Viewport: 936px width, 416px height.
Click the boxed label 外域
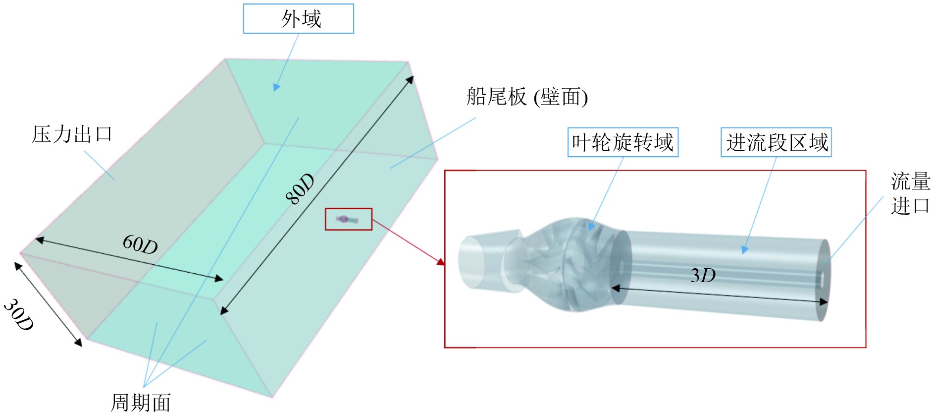pos(298,19)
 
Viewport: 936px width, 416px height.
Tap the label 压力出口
pos(72,134)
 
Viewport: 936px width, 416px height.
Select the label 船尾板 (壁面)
pos(526,97)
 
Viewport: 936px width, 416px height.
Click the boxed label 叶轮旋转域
pos(623,143)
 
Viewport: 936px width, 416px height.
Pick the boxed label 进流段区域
pos(776,143)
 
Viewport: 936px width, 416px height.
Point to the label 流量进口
pos(910,193)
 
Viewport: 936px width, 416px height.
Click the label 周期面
pos(141,403)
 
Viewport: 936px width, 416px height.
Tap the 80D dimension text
pos(300,189)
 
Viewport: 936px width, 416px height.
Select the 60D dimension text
pos(140,244)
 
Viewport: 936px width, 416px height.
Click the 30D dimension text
pos(19,315)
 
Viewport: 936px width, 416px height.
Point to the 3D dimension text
pos(703,276)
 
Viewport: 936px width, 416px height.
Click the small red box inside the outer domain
pos(348,219)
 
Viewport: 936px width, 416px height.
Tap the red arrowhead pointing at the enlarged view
pos(440,261)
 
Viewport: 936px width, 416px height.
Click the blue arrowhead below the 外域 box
pos(276,87)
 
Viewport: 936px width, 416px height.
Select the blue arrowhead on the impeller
pos(591,227)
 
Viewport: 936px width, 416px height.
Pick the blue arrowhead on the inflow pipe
pos(744,250)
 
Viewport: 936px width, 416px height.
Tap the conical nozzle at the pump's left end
pos(488,260)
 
